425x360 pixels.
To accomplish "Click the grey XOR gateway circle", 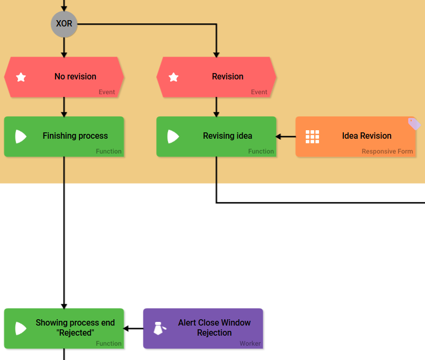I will tap(64, 24).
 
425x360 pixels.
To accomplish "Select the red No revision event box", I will tap(64, 77).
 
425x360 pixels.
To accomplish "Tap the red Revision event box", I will tap(216, 77).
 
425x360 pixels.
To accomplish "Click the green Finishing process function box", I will tap(64, 137).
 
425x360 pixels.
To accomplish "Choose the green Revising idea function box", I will tap(216, 137).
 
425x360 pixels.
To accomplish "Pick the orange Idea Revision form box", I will tap(355, 137).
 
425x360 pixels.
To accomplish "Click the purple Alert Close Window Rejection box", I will tap(203, 328).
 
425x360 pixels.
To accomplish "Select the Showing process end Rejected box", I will tap(64, 328).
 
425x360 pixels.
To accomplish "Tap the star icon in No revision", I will tap(21, 77).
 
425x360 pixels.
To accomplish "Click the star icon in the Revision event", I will tap(173, 77).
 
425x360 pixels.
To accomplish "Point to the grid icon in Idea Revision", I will tap(313, 137).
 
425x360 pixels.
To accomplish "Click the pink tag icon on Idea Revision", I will tap(414, 124).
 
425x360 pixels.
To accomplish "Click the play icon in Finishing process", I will tap(21, 137).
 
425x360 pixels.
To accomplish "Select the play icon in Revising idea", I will tap(173, 137).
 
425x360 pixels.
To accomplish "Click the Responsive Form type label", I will tap(387, 151).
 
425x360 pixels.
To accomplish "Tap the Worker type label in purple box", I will tap(250, 344).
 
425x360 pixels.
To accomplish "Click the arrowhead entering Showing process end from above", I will tap(64, 305).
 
